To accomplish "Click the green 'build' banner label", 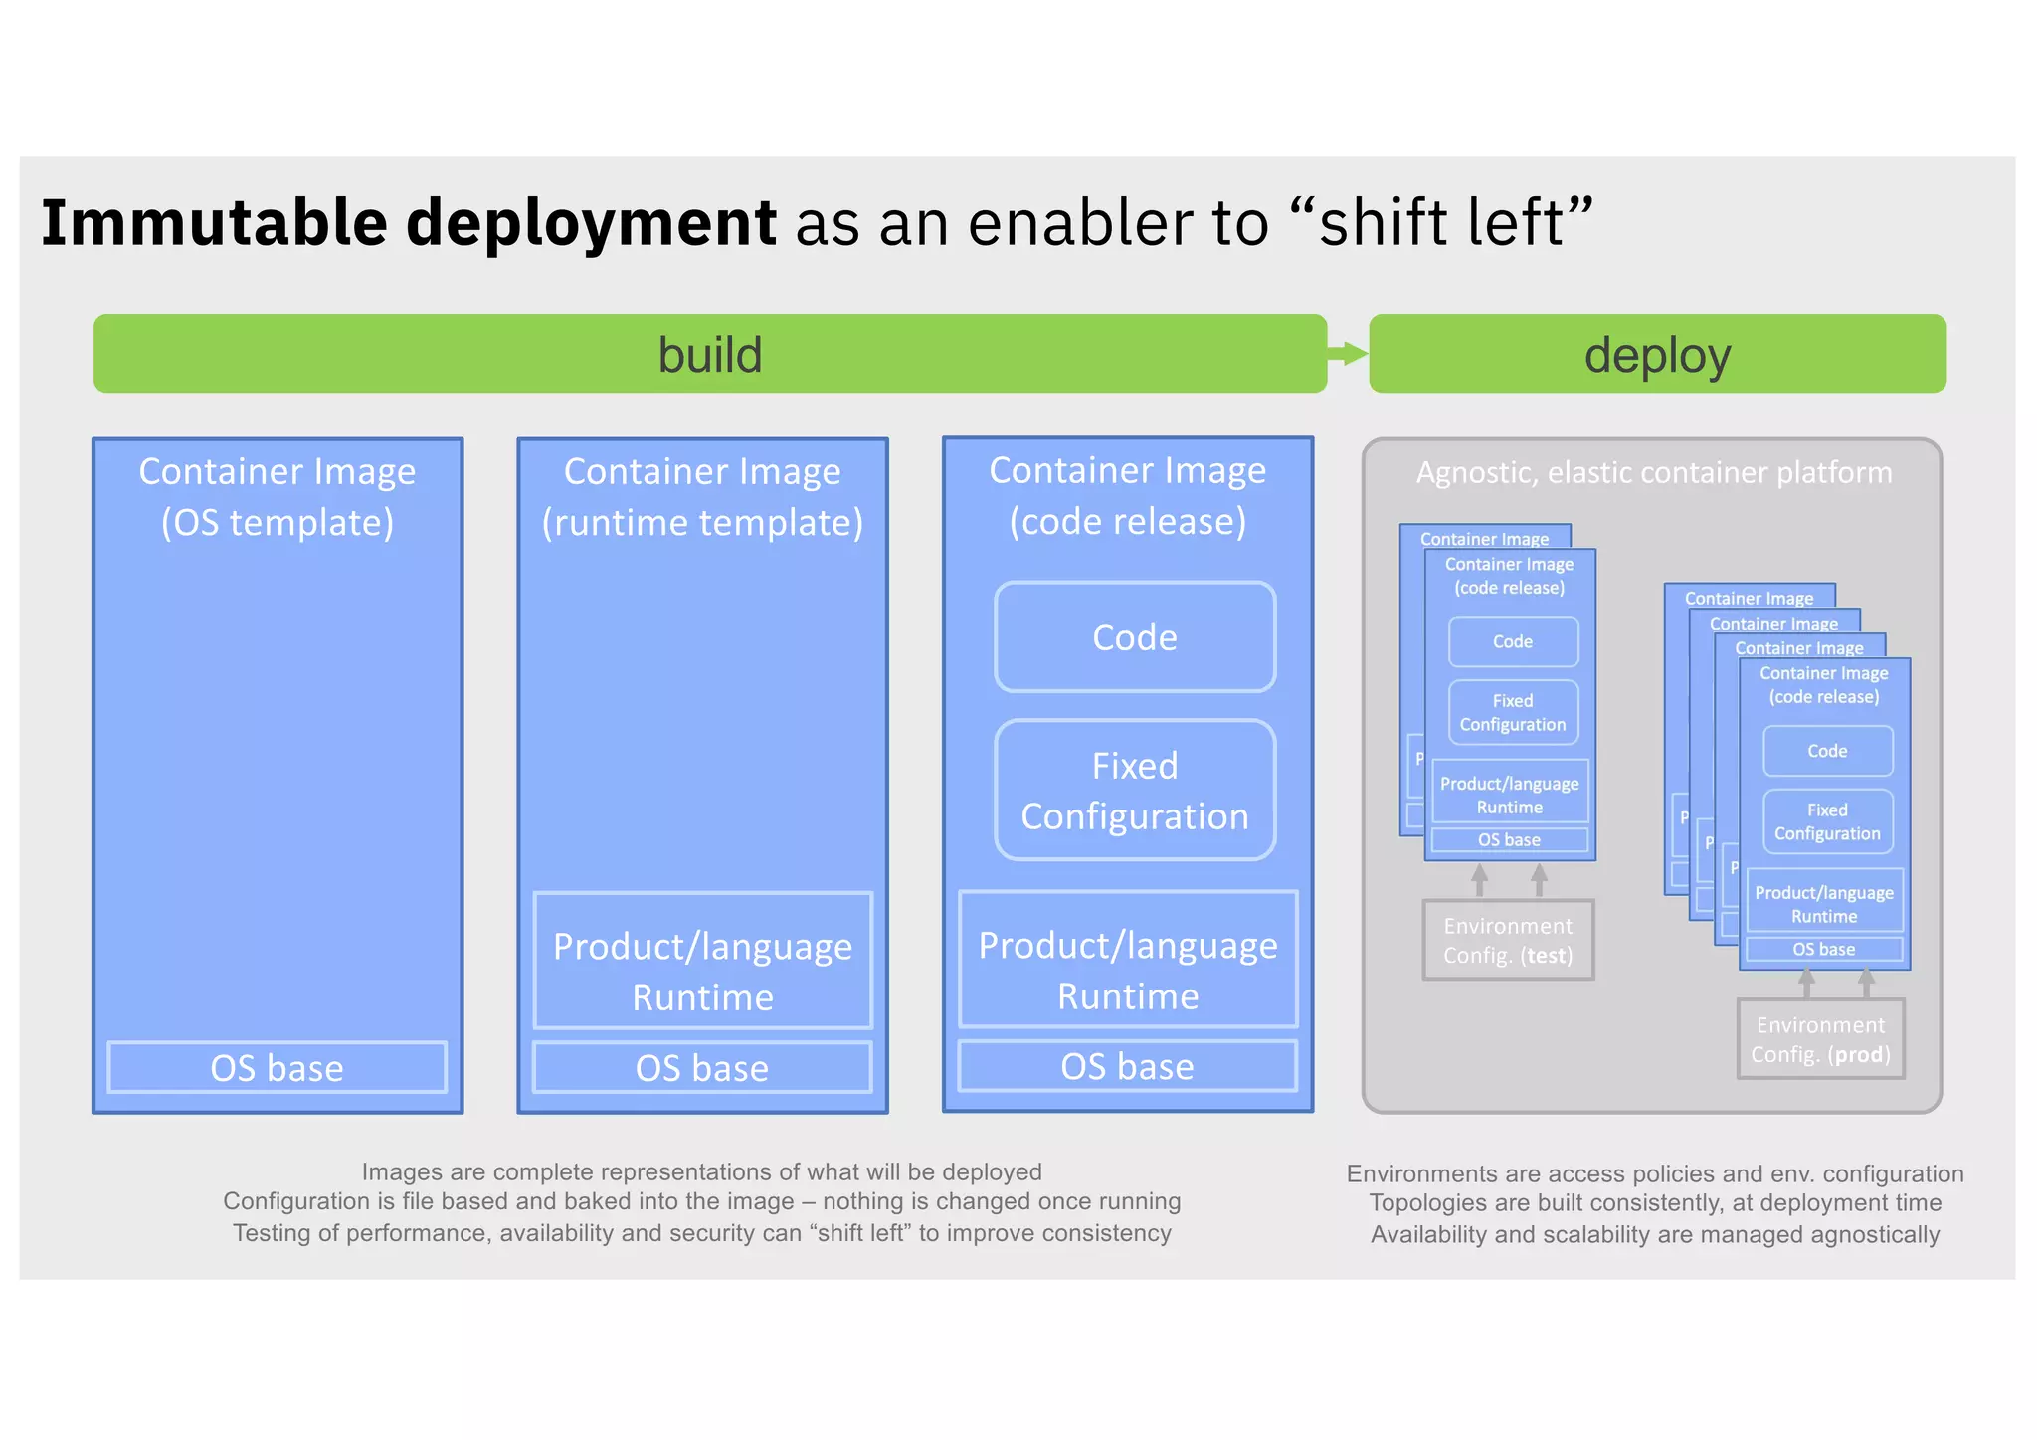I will [709, 355].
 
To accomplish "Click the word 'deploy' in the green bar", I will [1657, 355].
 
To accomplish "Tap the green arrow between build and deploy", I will [1349, 353].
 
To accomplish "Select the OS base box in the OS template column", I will [277, 1068].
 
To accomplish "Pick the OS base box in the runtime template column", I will [702, 1068].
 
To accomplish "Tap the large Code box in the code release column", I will [1135, 637].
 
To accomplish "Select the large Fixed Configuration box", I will [1135, 791].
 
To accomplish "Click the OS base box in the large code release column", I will [1127, 1066].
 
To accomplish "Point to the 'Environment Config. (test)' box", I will [1508, 940].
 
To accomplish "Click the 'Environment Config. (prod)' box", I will [1820, 1039].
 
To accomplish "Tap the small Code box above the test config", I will [1513, 642].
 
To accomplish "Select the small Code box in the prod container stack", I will [1827, 752].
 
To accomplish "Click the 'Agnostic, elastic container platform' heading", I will [1653, 473].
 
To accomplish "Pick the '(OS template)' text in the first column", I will [278, 523].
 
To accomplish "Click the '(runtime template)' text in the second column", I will [702, 523].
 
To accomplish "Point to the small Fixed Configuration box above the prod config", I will [1827, 821].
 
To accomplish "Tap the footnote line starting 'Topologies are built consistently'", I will [1654, 1203].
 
